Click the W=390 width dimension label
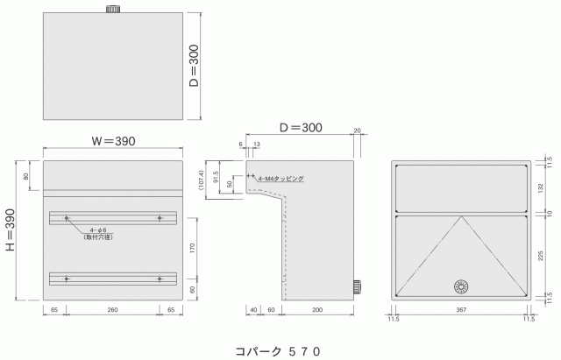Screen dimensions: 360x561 [x=112, y=141]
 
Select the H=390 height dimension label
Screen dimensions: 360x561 [x=10, y=229]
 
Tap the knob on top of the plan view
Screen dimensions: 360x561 [x=112, y=9]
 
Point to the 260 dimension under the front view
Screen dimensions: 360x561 [x=112, y=311]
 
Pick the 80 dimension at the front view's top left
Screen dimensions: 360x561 [x=26, y=176]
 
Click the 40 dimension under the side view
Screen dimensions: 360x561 [x=253, y=311]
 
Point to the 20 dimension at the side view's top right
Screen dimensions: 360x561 [x=358, y=131]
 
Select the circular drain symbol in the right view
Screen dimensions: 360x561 [x=462, y=286]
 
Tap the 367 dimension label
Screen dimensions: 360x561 [x=462, y=311]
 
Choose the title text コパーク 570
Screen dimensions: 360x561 [x=278, y=349]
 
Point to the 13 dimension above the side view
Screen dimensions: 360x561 [x=256, y=144]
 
